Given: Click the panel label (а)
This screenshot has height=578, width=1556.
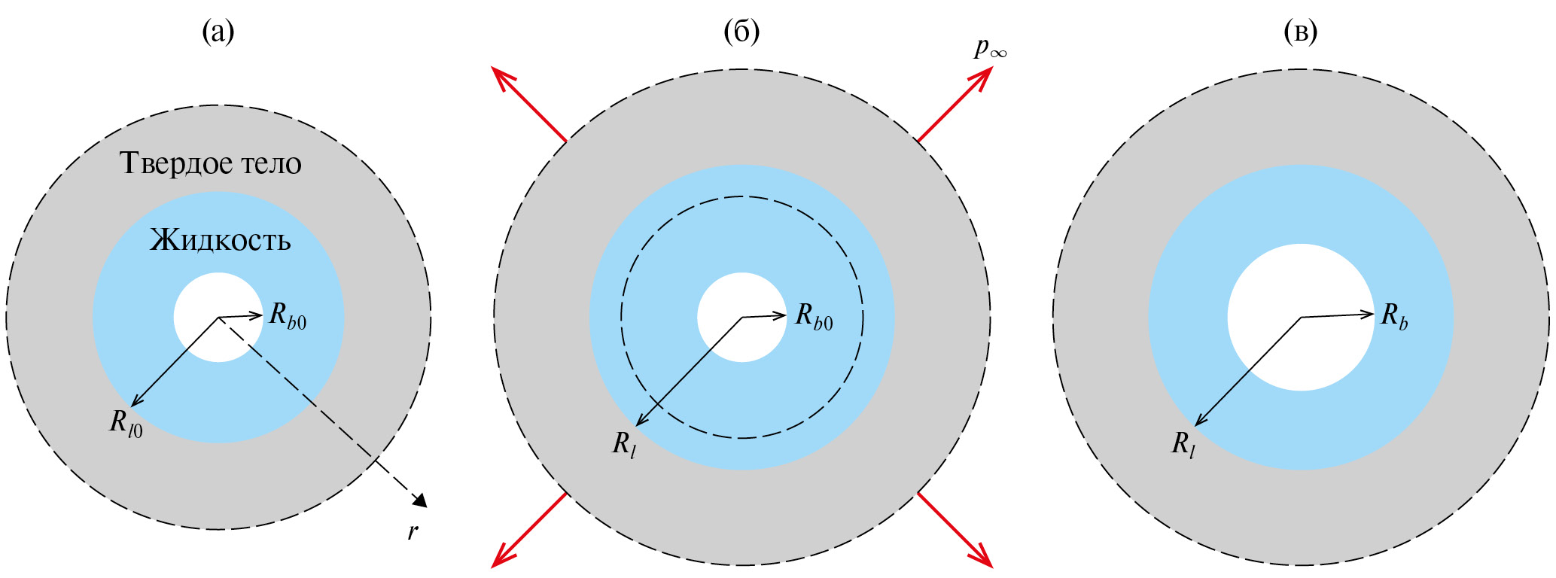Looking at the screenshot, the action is tap(218, 32).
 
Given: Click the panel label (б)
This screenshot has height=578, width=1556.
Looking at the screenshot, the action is tap(741, 32).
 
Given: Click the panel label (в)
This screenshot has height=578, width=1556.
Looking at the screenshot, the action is tap(1301, 32).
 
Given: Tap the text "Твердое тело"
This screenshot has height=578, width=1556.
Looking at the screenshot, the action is tap(211, 163).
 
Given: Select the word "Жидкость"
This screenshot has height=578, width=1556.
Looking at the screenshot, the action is tap(221, 239).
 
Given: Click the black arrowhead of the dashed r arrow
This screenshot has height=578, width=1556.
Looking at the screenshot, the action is tap(419, 500).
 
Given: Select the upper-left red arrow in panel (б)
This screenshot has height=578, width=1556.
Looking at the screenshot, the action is tap(528, 104).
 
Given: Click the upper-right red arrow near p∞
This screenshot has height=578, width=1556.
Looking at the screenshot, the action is tap(955, 104).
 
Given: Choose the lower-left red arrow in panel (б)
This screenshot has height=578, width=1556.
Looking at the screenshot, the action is tap(528, 529).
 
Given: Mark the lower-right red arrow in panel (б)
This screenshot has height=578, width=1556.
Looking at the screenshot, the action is tap(955, 529).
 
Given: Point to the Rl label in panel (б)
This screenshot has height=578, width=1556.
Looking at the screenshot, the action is tap(624, 445).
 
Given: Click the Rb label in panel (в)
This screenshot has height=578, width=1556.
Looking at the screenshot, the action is tap(1394, 316).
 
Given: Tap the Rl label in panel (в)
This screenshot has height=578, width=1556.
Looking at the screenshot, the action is tap(1183, 445).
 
